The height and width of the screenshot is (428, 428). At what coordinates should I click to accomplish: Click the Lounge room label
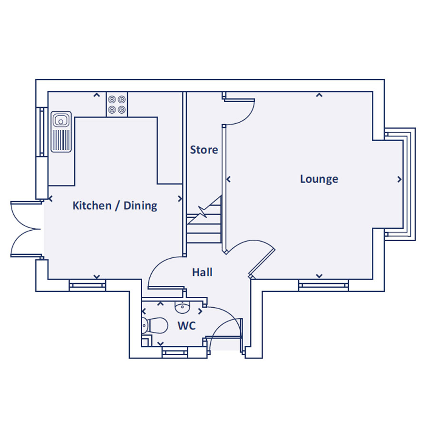coord(319,179)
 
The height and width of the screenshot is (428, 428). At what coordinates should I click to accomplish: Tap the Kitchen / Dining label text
coord(115,206)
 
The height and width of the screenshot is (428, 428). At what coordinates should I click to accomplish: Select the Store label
coord(204,150)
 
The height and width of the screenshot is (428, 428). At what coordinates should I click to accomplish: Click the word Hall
coord(202,272)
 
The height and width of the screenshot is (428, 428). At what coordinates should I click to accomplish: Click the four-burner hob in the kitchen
coord(117,105)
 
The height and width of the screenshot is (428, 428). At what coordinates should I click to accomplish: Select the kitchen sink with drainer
coord(61,132)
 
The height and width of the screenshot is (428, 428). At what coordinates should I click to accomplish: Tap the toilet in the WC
coord(155,326)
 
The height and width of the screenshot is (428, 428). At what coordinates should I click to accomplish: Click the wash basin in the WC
coord(183,308)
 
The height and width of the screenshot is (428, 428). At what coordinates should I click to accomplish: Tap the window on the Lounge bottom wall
coord(323,285)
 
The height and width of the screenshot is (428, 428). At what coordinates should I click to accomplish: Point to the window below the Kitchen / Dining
coord(87,285)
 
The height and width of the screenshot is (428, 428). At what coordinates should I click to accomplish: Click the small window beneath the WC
coord(175,352)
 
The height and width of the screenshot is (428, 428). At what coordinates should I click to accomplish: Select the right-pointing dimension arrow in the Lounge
coord(399,179)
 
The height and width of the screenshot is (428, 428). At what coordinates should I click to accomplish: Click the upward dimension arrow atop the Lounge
coord(319,95)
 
